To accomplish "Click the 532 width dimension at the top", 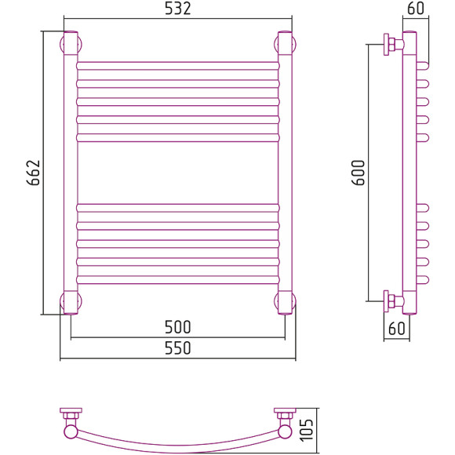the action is [177, 9].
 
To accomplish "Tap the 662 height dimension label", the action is [34, 173].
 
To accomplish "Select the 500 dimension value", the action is [177, 327].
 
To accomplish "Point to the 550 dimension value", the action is [177, 348].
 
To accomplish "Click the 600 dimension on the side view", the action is [358, 173].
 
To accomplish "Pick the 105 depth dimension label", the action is [307, 430].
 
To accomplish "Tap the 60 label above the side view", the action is [416, 9].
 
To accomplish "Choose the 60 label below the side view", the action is [396, 328].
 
